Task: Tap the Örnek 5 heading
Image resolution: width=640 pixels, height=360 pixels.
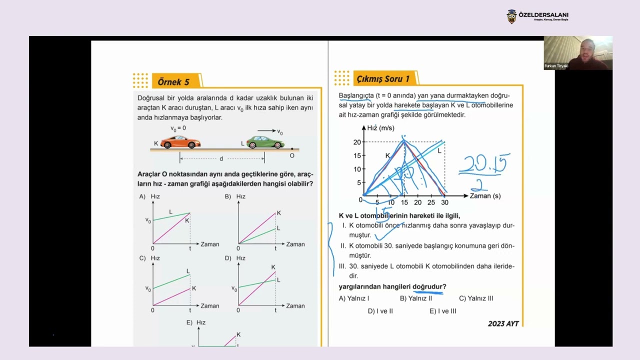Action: point(173,81)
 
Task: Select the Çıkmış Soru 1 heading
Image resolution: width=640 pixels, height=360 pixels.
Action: point(382,78)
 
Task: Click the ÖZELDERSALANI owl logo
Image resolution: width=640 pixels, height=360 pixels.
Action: point(511,16)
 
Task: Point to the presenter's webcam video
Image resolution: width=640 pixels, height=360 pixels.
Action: point(578,52)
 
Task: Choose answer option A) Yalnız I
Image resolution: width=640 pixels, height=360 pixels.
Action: point(354,298)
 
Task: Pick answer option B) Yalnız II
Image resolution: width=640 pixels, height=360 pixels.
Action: point(415,298)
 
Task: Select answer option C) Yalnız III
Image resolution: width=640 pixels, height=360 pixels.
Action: point(476,298)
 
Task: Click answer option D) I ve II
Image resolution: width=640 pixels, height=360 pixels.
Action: point(380,311)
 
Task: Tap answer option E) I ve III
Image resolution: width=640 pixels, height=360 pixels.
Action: point(442,311)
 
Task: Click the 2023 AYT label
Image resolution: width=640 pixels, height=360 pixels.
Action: point(503,323)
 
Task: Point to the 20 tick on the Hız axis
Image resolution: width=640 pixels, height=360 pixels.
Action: point(357,142)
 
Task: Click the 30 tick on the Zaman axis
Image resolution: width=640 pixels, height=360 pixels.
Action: point(444,202)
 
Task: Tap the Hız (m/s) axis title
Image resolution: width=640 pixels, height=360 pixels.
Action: point(380,128)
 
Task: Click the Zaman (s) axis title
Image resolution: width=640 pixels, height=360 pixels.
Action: point(485,196)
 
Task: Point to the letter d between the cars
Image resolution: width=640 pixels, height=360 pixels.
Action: point(221,158)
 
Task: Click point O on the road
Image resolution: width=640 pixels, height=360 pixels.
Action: point(292,149)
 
